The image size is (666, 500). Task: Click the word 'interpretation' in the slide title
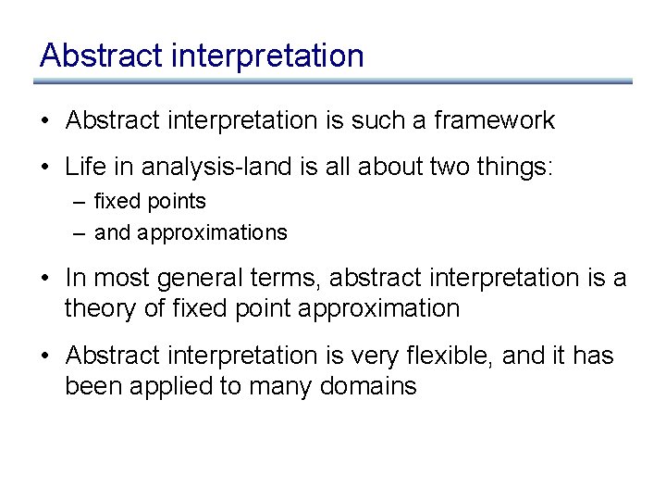268,56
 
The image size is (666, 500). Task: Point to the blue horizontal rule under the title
333,81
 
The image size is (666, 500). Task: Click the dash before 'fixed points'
80,202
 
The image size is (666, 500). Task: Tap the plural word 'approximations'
212,233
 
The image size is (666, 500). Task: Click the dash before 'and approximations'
80,233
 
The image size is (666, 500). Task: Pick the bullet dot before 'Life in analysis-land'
45,168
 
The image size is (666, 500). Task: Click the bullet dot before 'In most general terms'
45,278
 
